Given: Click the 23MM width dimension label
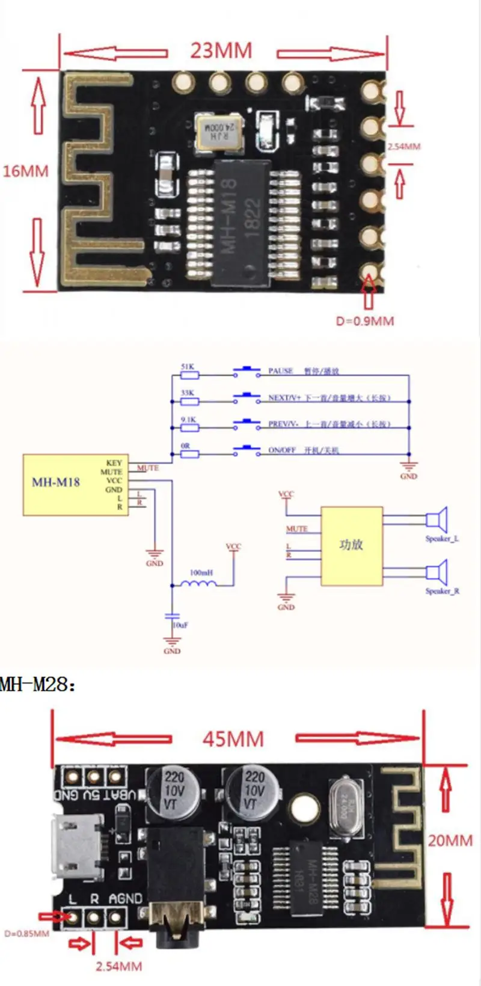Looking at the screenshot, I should tap(221, 51).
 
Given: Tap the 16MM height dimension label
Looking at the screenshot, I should tap(25, 171).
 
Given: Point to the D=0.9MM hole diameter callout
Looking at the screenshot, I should tap(365, 321).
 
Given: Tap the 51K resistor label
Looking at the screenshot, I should tap(187, 366).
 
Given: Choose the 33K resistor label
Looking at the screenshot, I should tap(187, 393).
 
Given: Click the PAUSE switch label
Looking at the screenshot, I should tap(280, 371).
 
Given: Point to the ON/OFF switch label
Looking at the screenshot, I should tap(282, 450).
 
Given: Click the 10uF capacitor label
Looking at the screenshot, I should tap(180, 625).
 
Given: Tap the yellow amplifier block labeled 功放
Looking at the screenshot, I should tap(351, 545).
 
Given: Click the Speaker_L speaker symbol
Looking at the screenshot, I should tap(437, 519).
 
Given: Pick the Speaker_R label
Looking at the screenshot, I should tap(442, 591).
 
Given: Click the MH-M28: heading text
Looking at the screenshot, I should tap(38, 684).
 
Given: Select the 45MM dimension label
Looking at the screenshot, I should tap(233, 739).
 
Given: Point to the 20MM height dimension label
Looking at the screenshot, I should tap(450, 841).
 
